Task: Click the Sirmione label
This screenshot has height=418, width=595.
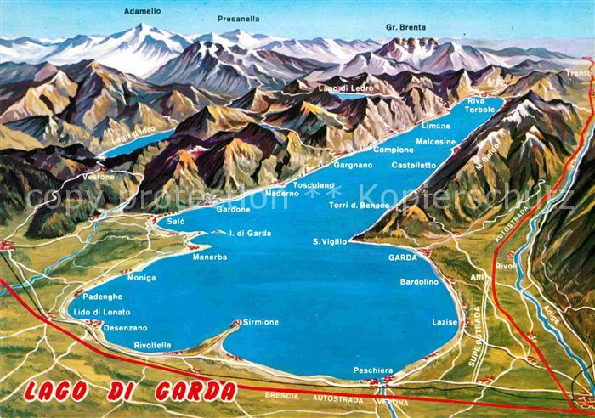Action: (261, 322)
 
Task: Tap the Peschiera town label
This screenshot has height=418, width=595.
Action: (374, 370)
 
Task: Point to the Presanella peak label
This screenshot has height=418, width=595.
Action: (238, 18)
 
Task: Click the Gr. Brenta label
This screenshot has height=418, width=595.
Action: (405, 26)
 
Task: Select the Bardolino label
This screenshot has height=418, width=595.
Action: (418, 281)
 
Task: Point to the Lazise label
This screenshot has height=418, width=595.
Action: (445, 323)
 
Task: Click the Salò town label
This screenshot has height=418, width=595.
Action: (176, 221)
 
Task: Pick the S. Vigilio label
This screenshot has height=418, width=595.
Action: (330, 241)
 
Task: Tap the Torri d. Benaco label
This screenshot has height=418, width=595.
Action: (359, 206)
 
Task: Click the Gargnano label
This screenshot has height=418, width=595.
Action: (353, 165)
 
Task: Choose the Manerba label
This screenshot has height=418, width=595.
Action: (209, 257)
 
